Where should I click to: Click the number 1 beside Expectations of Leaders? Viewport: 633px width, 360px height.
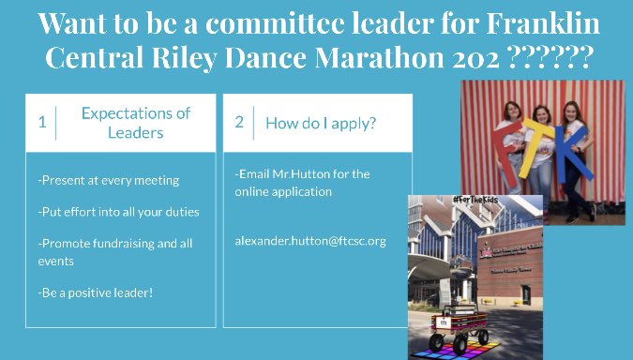coord(41,122)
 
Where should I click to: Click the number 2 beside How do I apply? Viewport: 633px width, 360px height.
coord(239,122)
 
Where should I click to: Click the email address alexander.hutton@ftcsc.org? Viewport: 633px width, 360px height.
coord(310,241)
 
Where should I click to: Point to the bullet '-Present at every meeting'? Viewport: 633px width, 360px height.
coord(108,180)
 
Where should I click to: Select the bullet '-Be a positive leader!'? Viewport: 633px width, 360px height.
coord(95,292)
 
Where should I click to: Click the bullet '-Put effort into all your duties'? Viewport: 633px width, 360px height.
coord(118,211)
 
